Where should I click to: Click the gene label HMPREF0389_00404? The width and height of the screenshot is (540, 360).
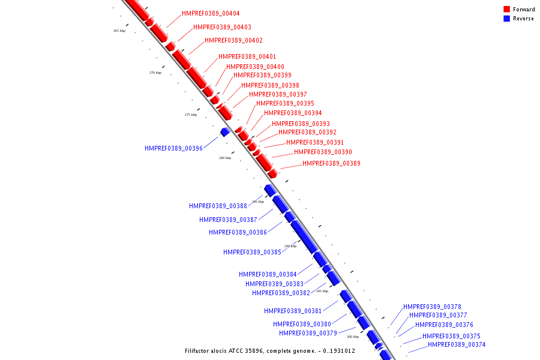tap(211, 13)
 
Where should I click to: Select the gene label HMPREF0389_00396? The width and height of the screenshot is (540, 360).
tap(173, 148)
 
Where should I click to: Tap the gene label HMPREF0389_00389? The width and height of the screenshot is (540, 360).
tap(331, 163)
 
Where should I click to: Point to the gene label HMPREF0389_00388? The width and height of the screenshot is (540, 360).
tap(218, 206)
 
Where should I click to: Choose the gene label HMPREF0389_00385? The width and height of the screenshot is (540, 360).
tap(252, 252)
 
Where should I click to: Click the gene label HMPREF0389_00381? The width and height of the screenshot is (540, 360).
tap(293, 311)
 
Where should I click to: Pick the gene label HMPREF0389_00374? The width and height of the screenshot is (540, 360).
tap(457, 344)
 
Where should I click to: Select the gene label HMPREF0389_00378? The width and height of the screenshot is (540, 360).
tap(432, 307)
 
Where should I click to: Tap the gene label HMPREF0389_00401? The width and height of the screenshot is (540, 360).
tap(247, 56)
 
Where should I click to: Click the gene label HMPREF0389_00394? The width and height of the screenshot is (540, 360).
tap(293, 113)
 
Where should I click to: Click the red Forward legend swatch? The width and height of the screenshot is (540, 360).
tap(507, 10)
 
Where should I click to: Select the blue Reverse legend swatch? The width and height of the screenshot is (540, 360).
tap(507, 19)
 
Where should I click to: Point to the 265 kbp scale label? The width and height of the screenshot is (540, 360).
tap(119, 31)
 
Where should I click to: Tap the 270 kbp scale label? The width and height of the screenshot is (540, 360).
tap(155, 73)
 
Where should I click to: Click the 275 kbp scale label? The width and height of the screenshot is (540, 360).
tap(191, 115)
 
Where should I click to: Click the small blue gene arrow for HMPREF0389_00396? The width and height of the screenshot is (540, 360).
tap(224, 131)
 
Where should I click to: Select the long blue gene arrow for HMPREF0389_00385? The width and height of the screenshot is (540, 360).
tap(304, 236)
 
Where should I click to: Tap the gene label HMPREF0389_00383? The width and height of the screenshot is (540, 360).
tap(274, 284)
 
